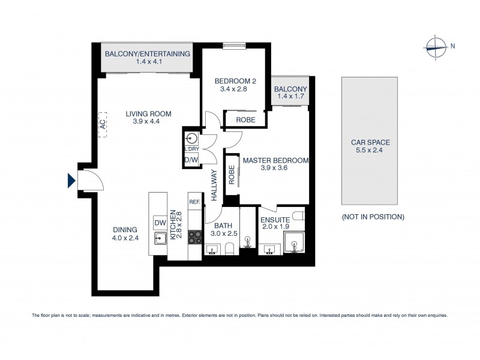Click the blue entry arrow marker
[71, 180]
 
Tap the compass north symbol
[436, 46]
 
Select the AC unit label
[102, 125]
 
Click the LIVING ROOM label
[148, 113]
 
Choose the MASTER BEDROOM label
[275, 161]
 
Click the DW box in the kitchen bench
[160, 222]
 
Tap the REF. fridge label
[194, 202]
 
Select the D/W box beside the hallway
[191, 160]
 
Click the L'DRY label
[191, 148]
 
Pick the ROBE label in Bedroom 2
[245, 120]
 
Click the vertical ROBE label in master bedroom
[232, 174]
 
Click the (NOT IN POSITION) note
[373, 217]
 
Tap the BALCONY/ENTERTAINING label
[147, 54]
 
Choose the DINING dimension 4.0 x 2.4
[125, 238]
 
